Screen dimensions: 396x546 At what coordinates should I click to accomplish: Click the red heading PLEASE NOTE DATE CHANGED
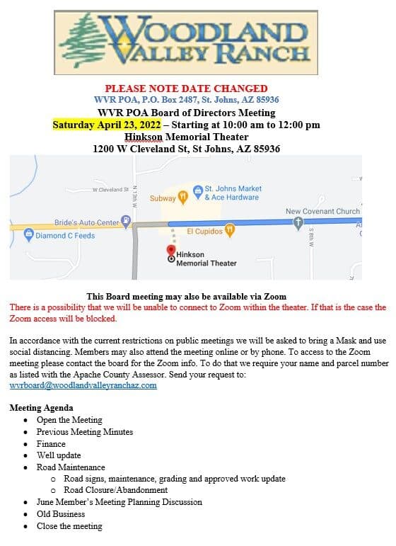pos(187,89)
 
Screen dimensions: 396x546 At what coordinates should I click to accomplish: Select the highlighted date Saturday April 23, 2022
pos(107,125)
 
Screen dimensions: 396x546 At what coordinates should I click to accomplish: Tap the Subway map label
pos(162,198)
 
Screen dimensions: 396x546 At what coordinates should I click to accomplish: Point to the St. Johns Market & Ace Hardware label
pos(233,193)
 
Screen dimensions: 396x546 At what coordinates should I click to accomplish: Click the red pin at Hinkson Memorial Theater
pos(170,251)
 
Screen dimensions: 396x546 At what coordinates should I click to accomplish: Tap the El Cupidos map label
pos(204,231)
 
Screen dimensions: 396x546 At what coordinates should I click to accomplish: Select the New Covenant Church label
pos(322,211)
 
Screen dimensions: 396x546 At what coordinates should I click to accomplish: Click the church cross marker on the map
pos(298,222)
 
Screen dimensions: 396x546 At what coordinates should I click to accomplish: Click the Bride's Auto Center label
pos(87,222)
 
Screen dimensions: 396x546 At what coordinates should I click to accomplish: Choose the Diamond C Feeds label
pos(65,236)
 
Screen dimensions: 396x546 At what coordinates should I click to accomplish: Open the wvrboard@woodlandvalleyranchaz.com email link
pos(83,385)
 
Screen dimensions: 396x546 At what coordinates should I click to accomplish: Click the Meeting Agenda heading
pos(41,408)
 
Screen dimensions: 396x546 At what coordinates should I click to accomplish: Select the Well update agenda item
pos(59,455)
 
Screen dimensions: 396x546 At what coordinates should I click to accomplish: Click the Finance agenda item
pos(51,443)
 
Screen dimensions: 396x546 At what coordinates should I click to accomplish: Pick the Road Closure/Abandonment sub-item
pos(115,489)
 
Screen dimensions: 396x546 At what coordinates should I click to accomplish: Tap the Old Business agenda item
pos(61,513)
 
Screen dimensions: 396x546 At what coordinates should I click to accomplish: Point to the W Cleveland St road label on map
pos(110,190)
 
